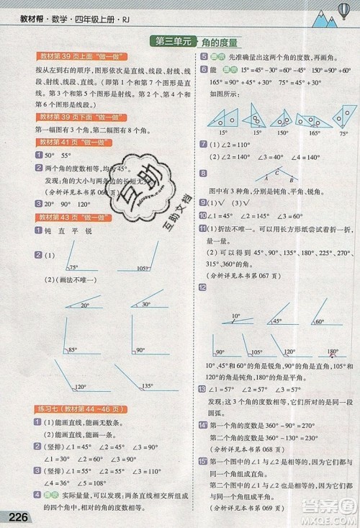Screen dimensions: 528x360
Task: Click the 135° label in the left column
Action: [148, 385]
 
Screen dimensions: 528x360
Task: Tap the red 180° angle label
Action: [332, 352]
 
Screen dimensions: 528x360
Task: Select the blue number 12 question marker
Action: [204, 287]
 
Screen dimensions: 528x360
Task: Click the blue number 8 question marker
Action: [204, 173]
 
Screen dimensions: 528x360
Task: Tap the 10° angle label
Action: [235, 315]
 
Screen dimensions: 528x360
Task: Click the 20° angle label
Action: [84, 305]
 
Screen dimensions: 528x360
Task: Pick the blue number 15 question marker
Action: [204, 460]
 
